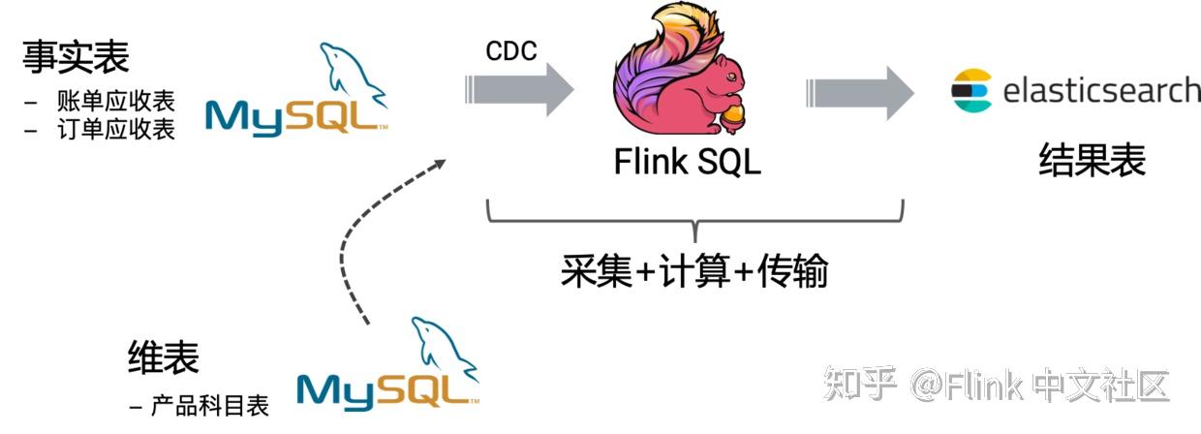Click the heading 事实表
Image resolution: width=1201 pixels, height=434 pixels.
pyautogui.click(x=76, y=57)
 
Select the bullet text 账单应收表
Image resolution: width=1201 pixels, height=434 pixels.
pyautogui.click(x=115, y=101)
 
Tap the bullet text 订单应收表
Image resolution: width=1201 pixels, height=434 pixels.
pyautogui.click(x=115, y=129)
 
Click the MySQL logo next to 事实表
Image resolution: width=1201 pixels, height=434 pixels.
pyautogui.click(x=296, y=93)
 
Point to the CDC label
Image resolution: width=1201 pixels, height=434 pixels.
pyautogui.click(x=511, y=51)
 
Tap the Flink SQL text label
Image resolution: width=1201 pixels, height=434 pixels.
pyautogui.click(x=688, y=161)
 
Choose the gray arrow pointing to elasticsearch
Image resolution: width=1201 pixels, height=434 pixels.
pyautogui.click(x=858, y=92)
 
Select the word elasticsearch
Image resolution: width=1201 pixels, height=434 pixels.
pyautogui.click(x=1101, y=91)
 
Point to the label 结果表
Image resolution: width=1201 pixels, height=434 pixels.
pyautogui.click(x=1092, y=160)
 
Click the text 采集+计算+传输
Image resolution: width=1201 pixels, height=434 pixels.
pyautogui.click(x=694, y=272)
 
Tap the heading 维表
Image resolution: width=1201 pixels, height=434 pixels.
pyautogui.click(x=163, y=357)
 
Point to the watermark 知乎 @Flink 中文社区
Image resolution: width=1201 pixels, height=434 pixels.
pyautogui.click(x=997, y=385)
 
